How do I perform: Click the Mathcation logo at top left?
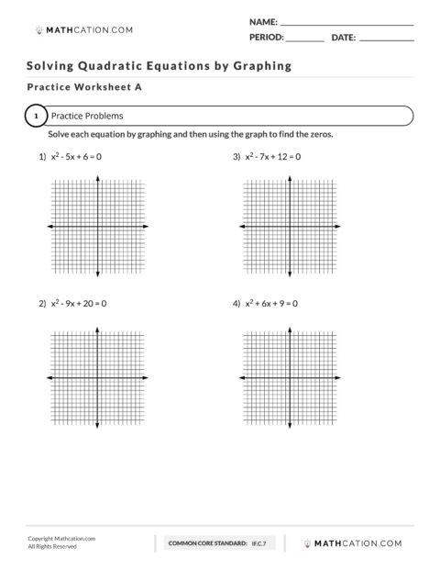click(83, 29)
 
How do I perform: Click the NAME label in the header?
click(262, 19)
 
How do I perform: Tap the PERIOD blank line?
click(305, 39)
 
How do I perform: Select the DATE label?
click(343, 39)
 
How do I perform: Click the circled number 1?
click(35, 117)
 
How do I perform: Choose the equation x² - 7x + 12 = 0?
click(272, 157)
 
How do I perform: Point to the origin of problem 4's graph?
click(291, 377)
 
